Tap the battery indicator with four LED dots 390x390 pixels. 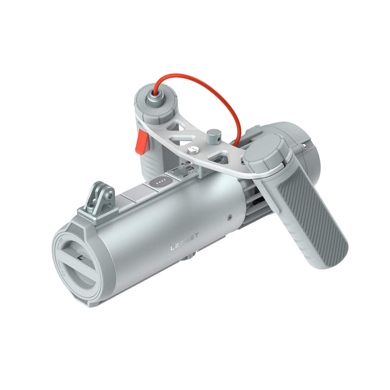pyautogui.click(x=160, y=182)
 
